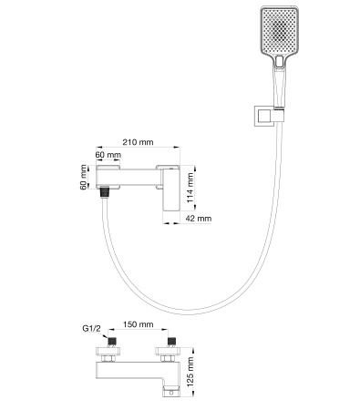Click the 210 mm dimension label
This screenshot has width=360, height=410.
tap(138, 141)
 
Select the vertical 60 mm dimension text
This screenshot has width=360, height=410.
tap(84, 177)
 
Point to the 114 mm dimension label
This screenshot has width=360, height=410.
tap(190, 186)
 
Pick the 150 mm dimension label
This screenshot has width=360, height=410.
tap(138, 324)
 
